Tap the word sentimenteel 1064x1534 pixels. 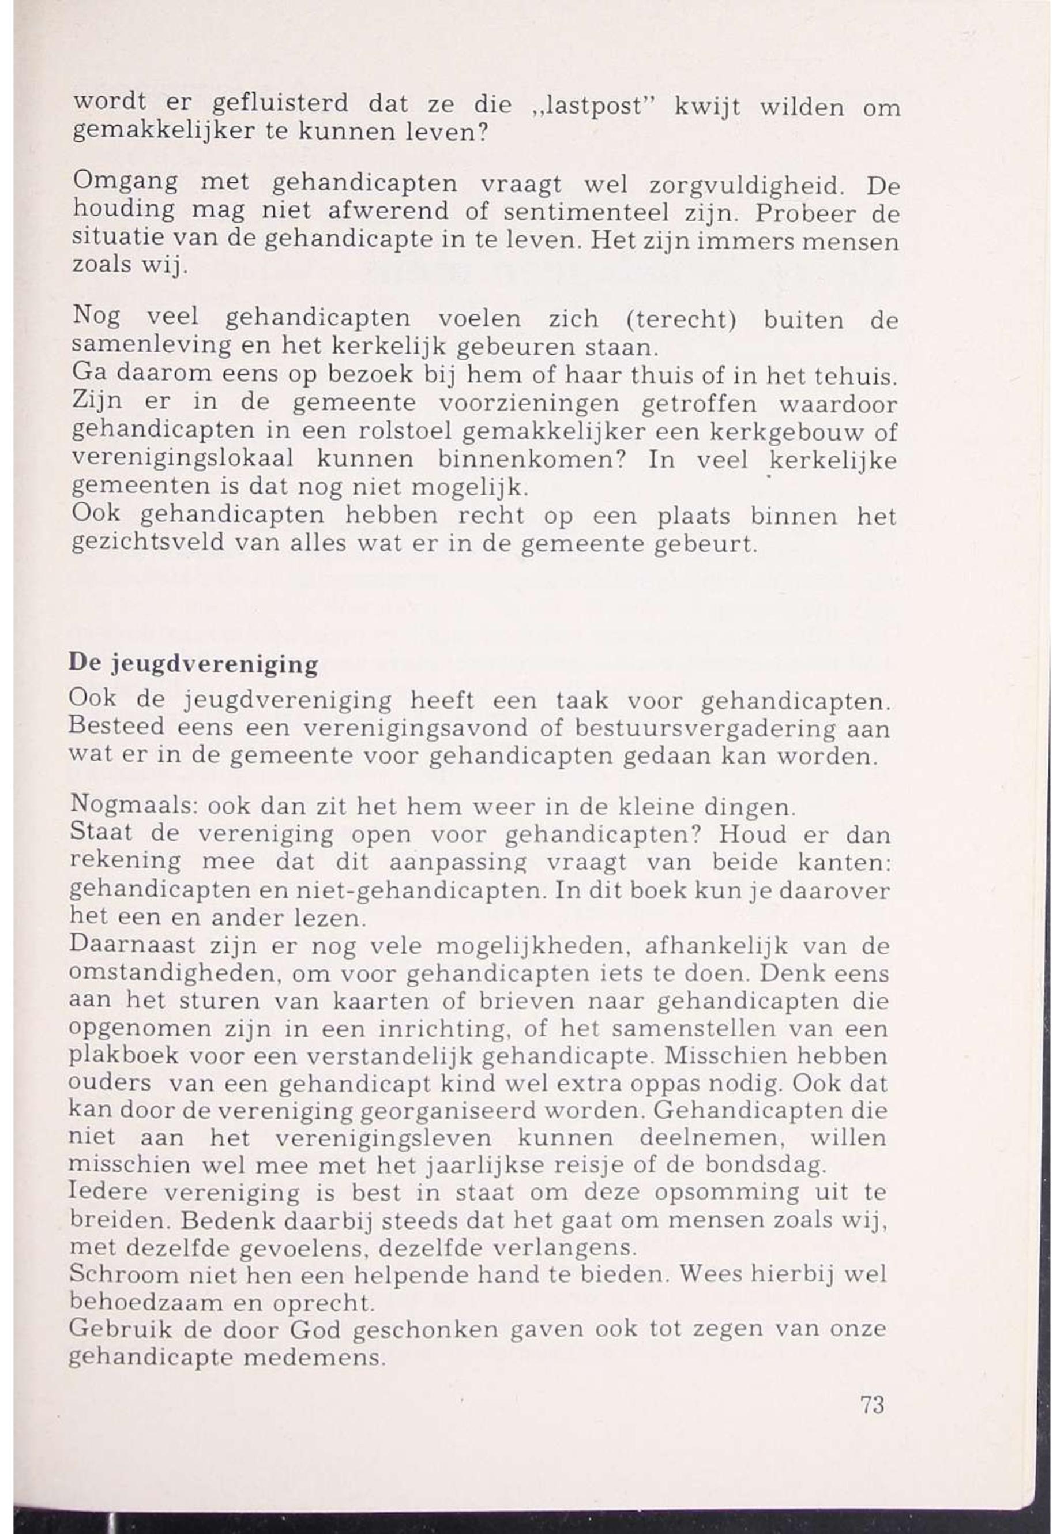tap(585, 212)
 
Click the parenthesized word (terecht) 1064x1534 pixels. tap(681, 320)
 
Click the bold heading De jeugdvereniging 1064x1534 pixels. tap(193, 664)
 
